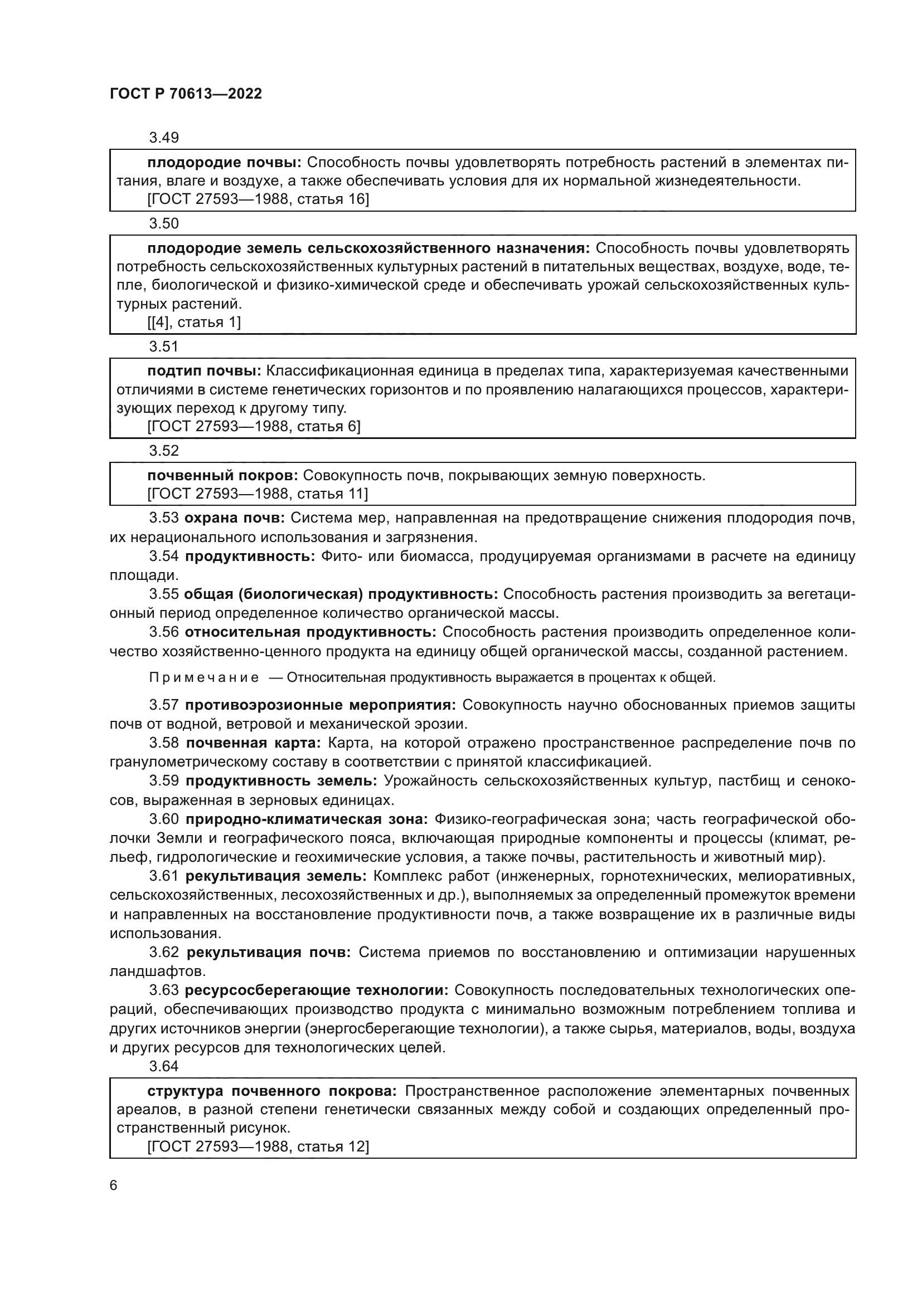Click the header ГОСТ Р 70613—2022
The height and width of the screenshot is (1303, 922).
[x=186, y=94]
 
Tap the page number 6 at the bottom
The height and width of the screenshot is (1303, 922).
[x=114, y=1185]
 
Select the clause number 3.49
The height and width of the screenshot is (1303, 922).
[x=163, y=138]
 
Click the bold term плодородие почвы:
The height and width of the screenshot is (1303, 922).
[x=224, y=163]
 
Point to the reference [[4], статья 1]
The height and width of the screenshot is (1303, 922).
[x=193, y=323]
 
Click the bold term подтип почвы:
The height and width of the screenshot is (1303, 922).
[x=204, y=371]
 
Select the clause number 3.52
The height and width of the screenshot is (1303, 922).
[x=163, y=451]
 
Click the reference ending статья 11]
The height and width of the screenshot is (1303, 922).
[x=257, y=494]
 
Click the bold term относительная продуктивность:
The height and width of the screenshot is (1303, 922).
[x=310, y=632]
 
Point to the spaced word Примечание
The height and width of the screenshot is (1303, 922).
[x=204, y=677]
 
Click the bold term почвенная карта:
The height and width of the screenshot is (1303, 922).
[x=253, y=744]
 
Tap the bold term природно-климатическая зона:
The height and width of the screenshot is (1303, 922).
[x=307, y=819]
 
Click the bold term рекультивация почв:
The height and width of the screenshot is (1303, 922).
[x=268, y=952]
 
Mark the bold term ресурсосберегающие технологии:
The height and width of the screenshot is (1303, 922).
[x=316, y=990]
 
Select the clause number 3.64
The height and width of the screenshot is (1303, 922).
[x=163, y=1066]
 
